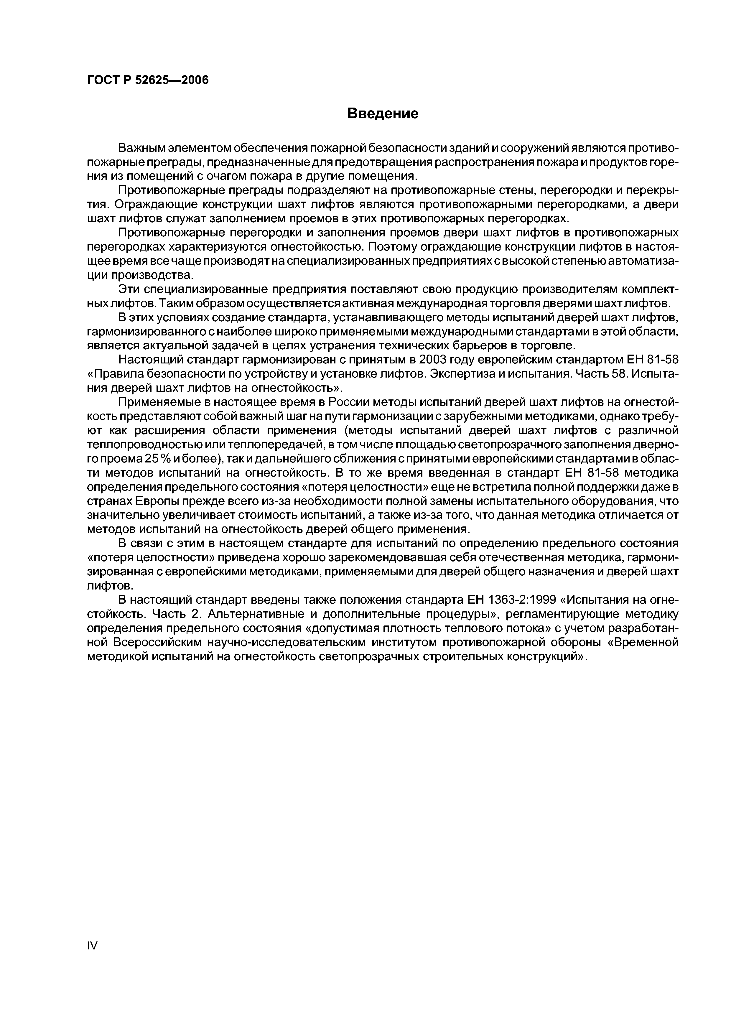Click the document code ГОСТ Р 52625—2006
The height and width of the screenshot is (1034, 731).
click(148, 80)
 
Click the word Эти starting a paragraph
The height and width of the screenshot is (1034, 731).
click(128, 289)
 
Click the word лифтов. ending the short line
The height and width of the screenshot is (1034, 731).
click(110, 586)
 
